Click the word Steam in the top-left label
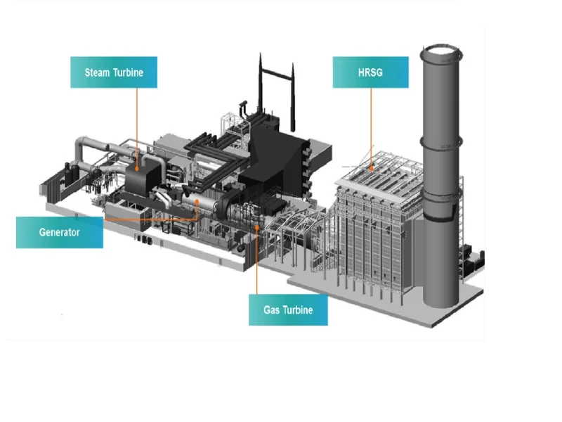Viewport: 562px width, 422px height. coord(98,72)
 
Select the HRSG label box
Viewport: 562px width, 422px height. coord(370,72)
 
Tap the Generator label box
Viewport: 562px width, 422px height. coord(59,232)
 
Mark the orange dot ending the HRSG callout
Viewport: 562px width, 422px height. coord(370,168)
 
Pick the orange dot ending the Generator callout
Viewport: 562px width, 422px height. coord(197,203)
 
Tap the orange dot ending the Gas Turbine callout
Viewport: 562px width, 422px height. coord(257,226)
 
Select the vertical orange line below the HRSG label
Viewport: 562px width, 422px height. coord(370,127)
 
